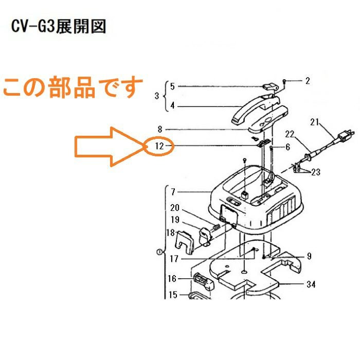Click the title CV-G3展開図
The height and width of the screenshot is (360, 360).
point(59,27)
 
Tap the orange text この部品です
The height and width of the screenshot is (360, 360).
point(73,87)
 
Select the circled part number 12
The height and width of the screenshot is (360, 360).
point(159,146)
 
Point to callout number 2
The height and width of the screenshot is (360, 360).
point(308,80)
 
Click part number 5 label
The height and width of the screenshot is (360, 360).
point(173,86)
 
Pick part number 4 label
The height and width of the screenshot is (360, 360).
point(173,106)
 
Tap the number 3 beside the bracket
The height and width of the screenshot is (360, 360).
point(157,96)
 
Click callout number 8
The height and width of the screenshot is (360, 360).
point(160,129)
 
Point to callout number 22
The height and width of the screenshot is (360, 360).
point(290,134)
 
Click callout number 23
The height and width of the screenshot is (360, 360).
point(315,172)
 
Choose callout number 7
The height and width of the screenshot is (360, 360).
point(173,192)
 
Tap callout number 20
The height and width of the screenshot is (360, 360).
point(174,208)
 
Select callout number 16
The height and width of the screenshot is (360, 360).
point(172,279)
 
